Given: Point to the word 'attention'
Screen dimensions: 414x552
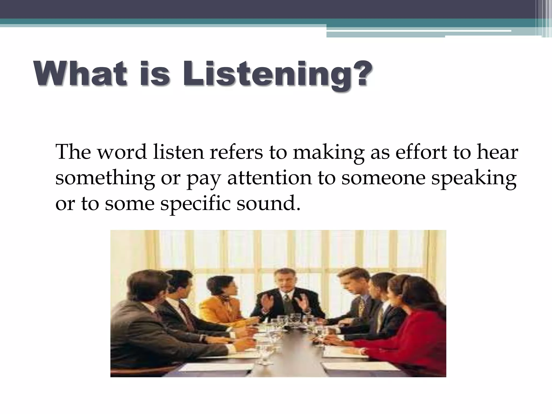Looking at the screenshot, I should [x=269, y=178].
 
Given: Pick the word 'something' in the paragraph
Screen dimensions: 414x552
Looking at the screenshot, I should [x=105, y=178].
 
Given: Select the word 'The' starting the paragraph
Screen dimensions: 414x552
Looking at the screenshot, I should [x=73, y=152].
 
